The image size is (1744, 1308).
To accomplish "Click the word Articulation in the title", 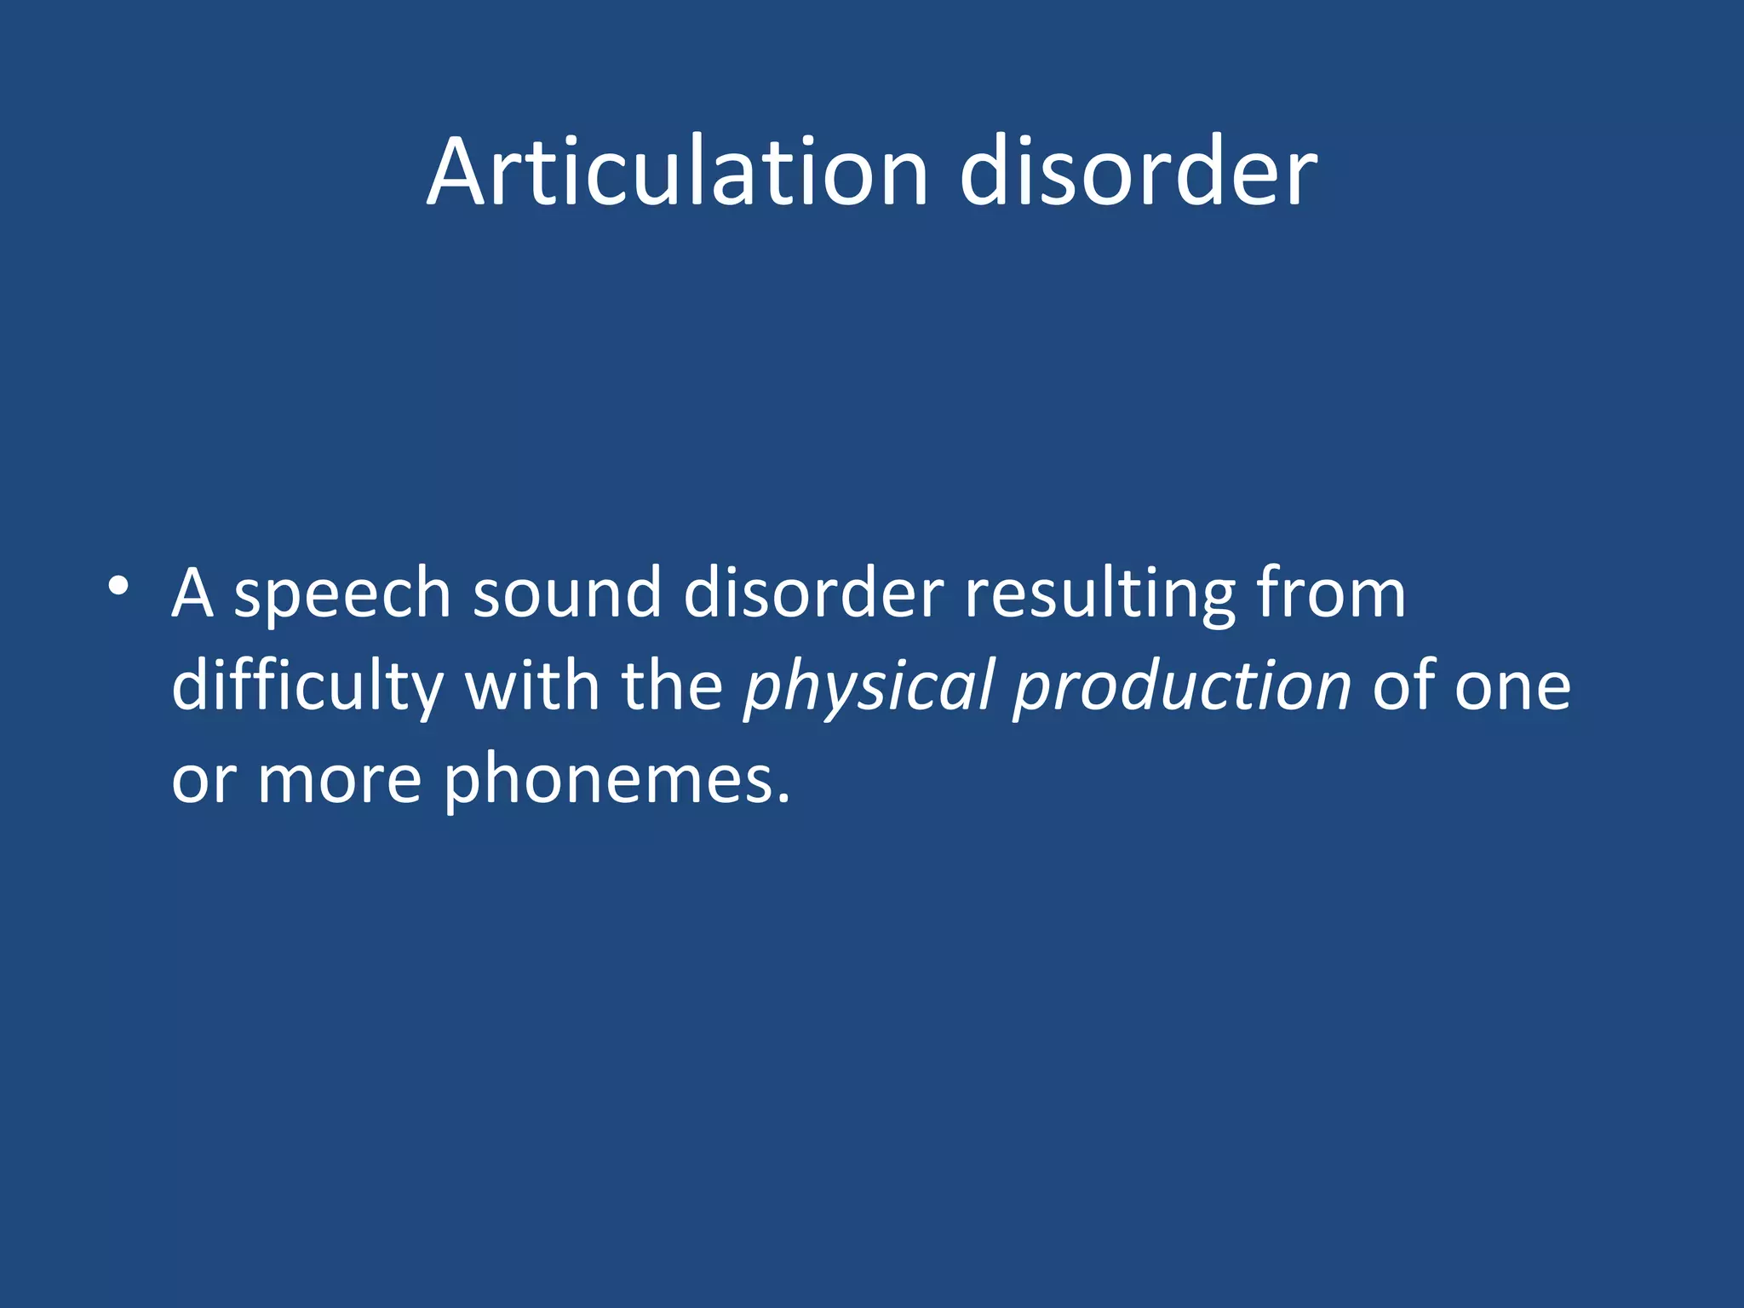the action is click(x=677, y=171).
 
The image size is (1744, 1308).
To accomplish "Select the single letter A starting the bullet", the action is click(x=192, y=593).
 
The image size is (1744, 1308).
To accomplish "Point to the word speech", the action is click(x=342, y=595).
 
